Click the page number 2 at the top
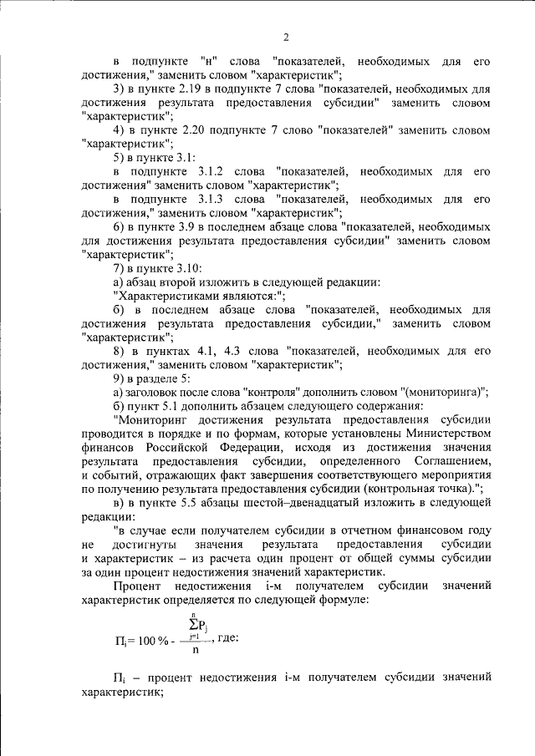(286, 37)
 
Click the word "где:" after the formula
(228, 638)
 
